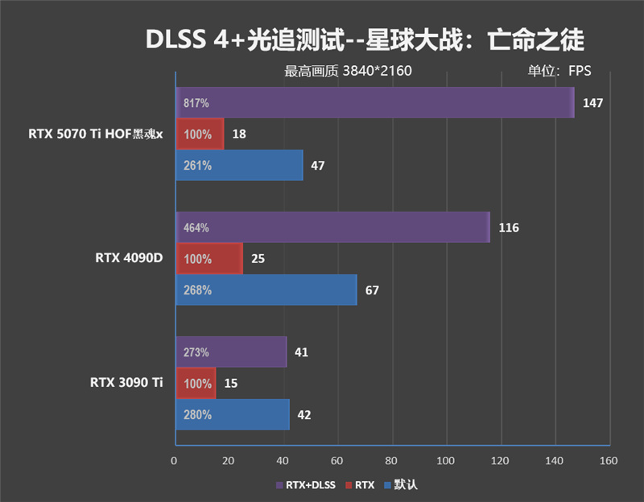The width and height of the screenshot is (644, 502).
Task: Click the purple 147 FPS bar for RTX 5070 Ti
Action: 374,103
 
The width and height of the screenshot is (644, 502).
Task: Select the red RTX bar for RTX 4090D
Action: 209,259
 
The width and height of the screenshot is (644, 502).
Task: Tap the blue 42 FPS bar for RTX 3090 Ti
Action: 233,415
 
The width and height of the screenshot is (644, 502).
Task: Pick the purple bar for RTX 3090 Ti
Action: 231,352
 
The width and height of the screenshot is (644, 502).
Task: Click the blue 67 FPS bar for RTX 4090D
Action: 266,290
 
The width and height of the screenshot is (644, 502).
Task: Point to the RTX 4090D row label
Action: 129,258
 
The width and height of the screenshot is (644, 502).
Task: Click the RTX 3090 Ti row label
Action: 126,383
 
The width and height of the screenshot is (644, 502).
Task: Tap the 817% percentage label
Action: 196,104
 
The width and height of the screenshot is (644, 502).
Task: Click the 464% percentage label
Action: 196,228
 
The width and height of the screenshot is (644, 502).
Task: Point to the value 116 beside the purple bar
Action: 509,228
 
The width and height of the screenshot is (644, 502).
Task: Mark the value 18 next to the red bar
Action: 239,134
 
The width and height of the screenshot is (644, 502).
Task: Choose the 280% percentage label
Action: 197,415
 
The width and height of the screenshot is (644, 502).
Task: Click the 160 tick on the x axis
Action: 609,461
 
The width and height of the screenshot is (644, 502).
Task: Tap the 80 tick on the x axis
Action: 392,461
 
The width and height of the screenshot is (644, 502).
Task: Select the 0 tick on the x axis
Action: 175,461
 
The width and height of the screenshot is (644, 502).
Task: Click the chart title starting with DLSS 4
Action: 365,39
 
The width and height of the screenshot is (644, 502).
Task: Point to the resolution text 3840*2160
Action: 377,71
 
